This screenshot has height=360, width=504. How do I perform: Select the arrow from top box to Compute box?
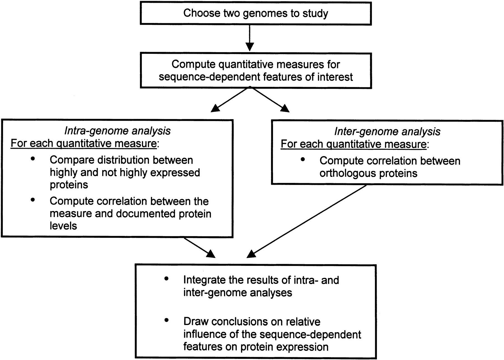[x=249, y=38]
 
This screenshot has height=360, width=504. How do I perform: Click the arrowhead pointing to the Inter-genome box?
[x=285, y=108]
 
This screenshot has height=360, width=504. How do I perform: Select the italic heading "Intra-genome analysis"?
[x=117, y=131]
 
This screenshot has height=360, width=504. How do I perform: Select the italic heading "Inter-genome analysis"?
[x=387, y=132]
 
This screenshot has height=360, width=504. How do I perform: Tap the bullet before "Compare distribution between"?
[x=33, y=159]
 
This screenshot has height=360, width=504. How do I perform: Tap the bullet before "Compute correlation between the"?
[x=33, y=200]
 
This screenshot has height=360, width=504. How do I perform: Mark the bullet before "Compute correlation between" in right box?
[x=302, y=159]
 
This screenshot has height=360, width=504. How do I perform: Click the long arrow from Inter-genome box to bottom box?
[x=307, y=221]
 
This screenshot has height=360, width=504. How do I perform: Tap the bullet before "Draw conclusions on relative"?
[x=167, y=320]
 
